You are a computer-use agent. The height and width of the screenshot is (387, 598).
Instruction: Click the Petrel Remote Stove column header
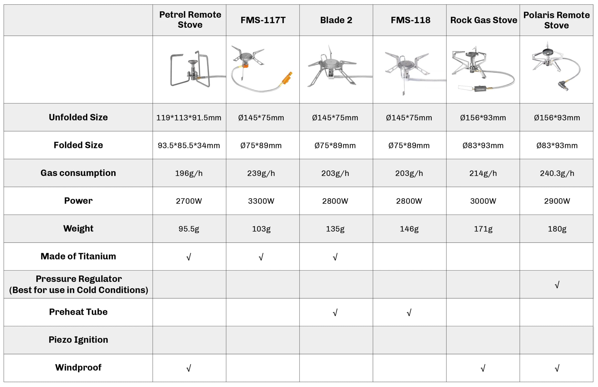point(190,20)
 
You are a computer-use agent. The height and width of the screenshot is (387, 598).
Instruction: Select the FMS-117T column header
point(263,20)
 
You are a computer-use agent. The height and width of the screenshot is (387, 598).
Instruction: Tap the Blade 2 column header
point(336,20)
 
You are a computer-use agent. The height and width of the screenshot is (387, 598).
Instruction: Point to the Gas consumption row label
point(78,173)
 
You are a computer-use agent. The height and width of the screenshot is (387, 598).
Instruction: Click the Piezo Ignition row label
point(78,340)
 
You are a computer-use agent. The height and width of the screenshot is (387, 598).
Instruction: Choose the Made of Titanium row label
point(78,256)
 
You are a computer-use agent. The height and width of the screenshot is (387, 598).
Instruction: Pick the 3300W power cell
point(261,201)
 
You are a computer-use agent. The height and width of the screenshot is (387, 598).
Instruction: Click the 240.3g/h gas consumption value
point(557,173)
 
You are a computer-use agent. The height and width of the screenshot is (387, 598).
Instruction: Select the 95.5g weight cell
point(189,229)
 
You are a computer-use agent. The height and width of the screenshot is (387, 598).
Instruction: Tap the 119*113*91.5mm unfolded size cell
point(189,118)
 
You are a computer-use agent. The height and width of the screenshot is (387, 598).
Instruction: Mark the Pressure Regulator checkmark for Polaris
point(557,285)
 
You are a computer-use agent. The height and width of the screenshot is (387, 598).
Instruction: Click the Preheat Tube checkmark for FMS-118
point(409,313)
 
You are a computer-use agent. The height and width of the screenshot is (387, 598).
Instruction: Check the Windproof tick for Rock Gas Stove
point(483,368)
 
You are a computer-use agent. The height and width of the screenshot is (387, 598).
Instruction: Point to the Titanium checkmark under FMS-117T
point(261,257)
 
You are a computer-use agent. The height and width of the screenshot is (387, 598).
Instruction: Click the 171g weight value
point(483,229)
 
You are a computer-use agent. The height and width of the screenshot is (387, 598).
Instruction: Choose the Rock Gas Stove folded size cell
point(483,146)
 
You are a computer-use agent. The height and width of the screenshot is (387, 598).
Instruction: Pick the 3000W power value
point(483,201)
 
